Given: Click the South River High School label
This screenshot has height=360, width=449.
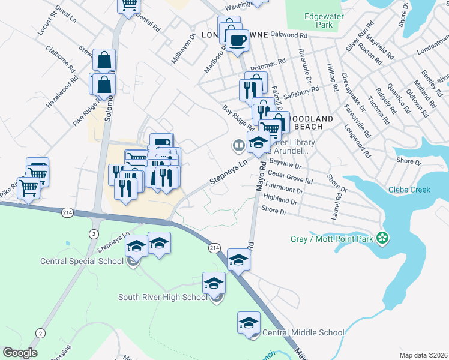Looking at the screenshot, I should (x=163, y=297).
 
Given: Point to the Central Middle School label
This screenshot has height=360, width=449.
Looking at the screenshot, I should (x=303, y=332).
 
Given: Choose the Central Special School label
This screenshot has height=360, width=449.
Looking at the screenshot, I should (x=82, y=261).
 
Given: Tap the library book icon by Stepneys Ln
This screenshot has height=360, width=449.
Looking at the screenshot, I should (x=238, y=145).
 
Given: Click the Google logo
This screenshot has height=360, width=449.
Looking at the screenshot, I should (x=20, y=353).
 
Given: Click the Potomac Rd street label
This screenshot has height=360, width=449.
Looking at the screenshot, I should (x=268, y=64).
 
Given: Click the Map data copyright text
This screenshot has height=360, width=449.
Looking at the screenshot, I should (x=423, y=355).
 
